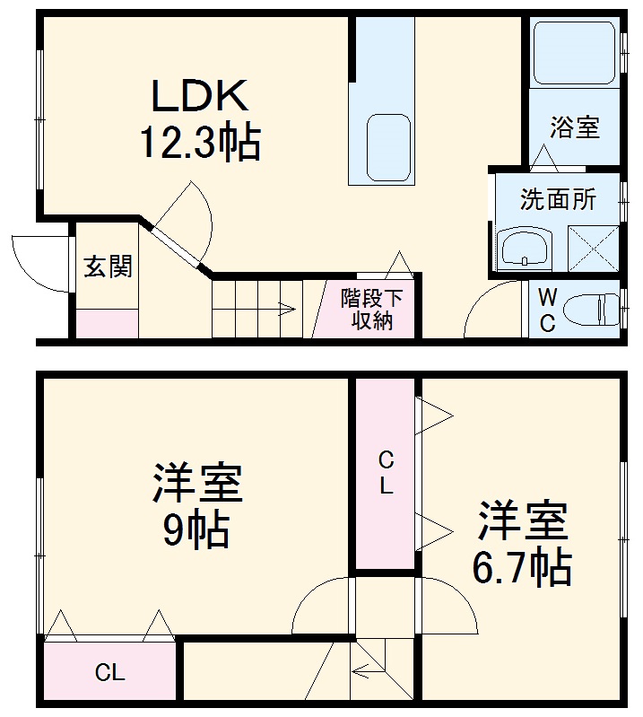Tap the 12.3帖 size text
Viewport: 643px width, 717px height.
point(198,142)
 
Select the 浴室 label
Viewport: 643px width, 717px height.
point(574,127)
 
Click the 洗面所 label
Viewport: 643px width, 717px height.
point(558,199)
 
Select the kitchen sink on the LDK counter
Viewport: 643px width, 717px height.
point(388,147)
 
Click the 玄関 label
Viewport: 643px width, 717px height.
point(108,267)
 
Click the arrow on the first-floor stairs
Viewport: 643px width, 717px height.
point(285,310)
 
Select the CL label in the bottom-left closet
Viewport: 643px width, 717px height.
point(110,673)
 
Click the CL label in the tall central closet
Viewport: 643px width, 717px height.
point(386,474)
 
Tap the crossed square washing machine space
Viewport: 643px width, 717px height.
point(593,248)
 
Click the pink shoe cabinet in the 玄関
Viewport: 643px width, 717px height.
point(107,323)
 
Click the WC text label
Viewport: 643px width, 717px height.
point(546,310)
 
